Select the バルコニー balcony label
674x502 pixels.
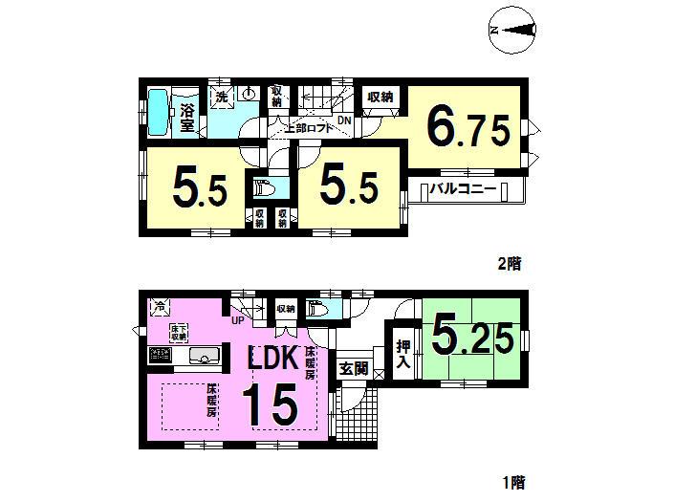pos(464,189)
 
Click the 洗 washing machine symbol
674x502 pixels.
pos(221,96)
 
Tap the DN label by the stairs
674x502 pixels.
pos(343,120)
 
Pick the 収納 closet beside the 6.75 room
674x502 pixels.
pos(380,97)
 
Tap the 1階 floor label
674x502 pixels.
pos(511,483)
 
